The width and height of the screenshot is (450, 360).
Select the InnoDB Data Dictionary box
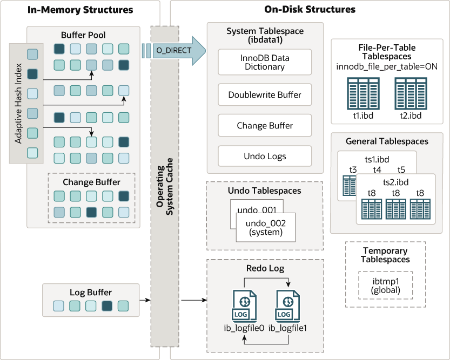coord(265,62)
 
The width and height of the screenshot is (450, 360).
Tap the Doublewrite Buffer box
coord(265,94)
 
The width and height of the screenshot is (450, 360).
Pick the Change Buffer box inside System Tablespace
coord(265,125)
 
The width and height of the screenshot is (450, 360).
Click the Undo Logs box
coord(265,157)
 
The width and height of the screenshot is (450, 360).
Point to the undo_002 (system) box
coord(266,227)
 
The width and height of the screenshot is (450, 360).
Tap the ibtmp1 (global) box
coord(385,285)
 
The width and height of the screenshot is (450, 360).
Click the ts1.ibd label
coord(377,160)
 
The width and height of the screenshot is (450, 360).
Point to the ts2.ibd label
coord(395,182)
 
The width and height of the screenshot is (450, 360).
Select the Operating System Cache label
coord(164,187)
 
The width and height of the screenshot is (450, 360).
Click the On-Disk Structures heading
coord(310,9)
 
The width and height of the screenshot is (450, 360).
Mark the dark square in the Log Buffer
coord(107,306)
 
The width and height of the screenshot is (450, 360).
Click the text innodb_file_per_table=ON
coord(386,66)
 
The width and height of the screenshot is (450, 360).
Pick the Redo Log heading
coord(265,268)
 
